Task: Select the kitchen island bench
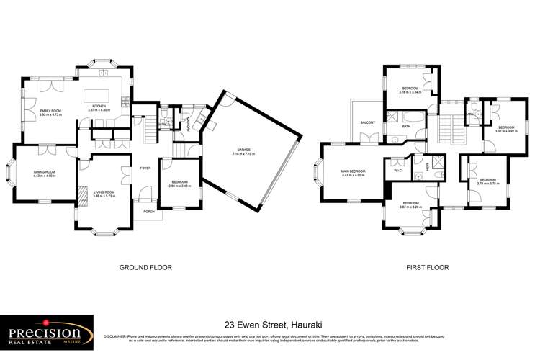click(x=96, y=95)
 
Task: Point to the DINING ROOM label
click(x=44, y=172)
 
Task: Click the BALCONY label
click(x=368, y=123)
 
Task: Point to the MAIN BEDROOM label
click(x=354, y=172)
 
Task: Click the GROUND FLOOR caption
click(x=146, y=267)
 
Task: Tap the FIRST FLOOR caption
click(x=428, y=267)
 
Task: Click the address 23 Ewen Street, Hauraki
click(x=269, y=325)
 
